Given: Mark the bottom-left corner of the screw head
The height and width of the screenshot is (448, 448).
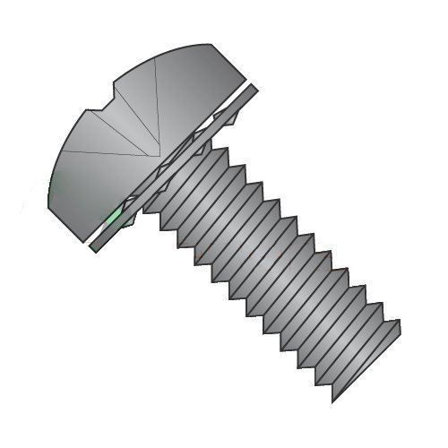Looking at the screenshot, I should [x=53, y=208].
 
